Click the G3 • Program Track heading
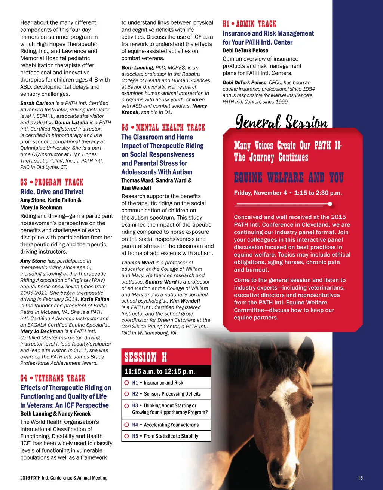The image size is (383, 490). click(52, 183)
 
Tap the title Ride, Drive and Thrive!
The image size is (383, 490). click(52, 192)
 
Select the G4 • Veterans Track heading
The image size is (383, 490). click(53, 378)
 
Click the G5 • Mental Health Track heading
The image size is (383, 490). click(163, 128)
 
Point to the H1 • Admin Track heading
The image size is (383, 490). click(249, 24)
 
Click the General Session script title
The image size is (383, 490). click(281, 122)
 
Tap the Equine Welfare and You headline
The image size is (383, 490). click(288, 177)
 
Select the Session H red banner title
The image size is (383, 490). click(145, 357)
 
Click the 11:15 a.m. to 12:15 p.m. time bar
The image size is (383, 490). click(160, 371)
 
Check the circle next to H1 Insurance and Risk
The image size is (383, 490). click(127, 383)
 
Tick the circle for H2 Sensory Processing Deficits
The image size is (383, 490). click(127, 394)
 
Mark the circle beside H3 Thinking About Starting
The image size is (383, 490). click(127, 406)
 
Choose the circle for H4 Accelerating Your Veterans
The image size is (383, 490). click(127, 425)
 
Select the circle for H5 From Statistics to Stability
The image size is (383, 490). click(127, 436)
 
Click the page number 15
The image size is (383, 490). click(360, 478)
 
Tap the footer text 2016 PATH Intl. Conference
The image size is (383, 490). click(64, 478)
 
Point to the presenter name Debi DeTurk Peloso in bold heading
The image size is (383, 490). click(245, 50)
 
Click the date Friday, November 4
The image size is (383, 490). click(260, 193)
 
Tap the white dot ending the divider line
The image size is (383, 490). click(330, 204)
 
